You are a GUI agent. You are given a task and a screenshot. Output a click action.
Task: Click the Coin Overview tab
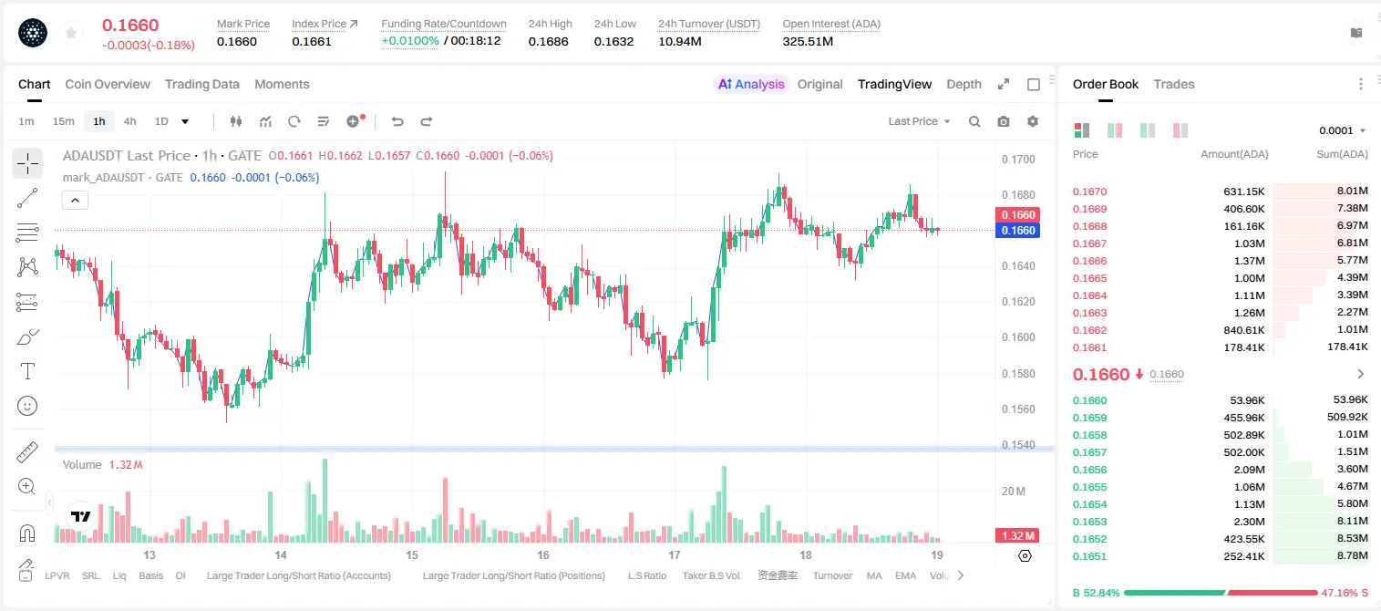tap(108, 84)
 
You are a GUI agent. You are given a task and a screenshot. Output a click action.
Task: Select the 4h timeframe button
tap(129, 121)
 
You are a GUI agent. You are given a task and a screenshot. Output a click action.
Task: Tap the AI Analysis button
tap(751, 84)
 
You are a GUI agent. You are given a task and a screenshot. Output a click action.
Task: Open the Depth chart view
tap(964, 84)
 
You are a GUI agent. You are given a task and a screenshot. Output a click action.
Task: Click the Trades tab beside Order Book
tap(1174, 84)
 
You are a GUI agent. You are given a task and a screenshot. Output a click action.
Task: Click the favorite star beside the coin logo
tap(71, 34)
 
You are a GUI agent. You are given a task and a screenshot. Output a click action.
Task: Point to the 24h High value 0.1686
tap(548, 41)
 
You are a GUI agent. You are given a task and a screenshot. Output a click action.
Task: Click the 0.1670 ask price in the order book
tap(1089, 192)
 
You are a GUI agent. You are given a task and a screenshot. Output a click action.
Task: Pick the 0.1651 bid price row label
tap(1089, 556)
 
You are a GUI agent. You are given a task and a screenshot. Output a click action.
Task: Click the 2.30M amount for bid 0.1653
tap(1249, 522)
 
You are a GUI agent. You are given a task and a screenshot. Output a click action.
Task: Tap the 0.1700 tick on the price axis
tap(1018, 159)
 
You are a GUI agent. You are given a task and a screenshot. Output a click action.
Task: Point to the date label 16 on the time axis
tap(543, 554)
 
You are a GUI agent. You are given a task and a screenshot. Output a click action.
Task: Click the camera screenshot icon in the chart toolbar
tap(1004, 121)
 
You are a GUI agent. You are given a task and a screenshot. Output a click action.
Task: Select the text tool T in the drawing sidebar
tap(27, 371)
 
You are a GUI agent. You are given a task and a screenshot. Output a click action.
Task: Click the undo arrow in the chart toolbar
tap(397, 121)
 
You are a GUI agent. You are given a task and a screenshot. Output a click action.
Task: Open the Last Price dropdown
tap(919, 121)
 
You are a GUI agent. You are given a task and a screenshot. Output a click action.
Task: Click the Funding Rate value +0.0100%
tap(410, 41)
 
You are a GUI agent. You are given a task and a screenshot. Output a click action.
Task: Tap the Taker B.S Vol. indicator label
tap(711, 575)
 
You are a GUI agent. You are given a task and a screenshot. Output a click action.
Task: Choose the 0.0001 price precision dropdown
tap(1342, 130)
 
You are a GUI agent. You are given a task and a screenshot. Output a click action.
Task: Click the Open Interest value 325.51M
tap(808, 41)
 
